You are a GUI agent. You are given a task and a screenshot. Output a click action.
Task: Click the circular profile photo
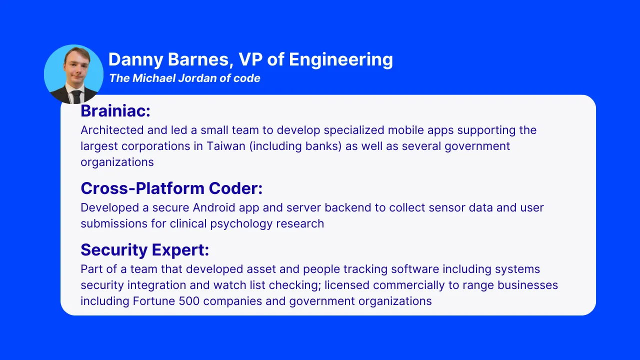click(73, 74)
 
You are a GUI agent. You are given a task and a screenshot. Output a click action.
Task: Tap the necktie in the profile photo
click(76, 97)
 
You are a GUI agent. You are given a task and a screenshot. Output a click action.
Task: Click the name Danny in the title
click(135, 59)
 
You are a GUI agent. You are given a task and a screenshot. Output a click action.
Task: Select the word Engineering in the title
click(341, 60)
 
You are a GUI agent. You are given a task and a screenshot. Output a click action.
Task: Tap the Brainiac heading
click(115, 111)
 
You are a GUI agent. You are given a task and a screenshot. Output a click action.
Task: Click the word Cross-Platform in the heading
click(142, 188)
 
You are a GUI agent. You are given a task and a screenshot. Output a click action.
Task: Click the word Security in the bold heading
click(114, 250)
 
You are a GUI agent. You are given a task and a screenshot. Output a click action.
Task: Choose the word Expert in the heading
click(180, 250)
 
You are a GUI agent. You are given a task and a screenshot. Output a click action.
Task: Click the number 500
click(189, 301)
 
